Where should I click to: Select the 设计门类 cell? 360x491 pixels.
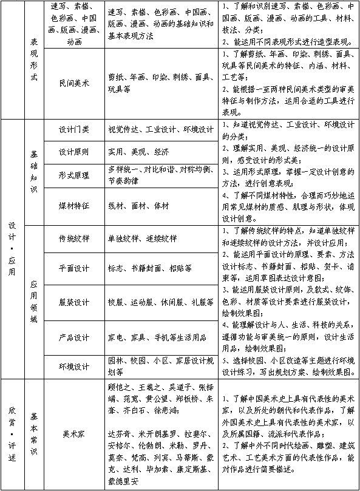tap(74, 130)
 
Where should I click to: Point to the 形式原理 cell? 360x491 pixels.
tap(74, 175)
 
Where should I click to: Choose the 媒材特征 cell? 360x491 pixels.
tap(74, 206)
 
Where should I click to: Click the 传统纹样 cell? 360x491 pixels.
tap(74, 238)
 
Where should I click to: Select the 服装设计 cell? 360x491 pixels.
tap(74, 302)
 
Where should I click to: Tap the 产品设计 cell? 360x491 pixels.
tap(74, 337)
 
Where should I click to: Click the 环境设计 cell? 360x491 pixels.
tap(74, 367)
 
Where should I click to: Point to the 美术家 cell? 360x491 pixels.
tap(74, 435)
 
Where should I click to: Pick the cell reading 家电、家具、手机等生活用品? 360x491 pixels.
tap(159, 337)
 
